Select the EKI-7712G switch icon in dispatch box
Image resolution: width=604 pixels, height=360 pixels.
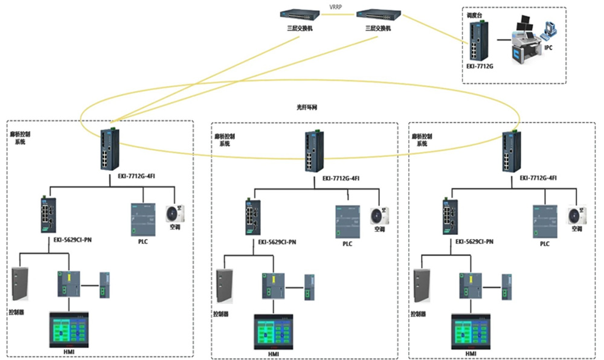point(482,40)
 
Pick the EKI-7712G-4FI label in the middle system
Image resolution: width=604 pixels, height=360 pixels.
point(341,179)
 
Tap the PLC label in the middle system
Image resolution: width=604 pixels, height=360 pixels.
point(347,244)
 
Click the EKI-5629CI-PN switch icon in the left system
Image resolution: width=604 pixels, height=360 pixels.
point(47,215)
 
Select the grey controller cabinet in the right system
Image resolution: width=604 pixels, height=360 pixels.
point(422,286)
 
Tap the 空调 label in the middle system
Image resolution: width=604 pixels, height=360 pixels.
point(379,230)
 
